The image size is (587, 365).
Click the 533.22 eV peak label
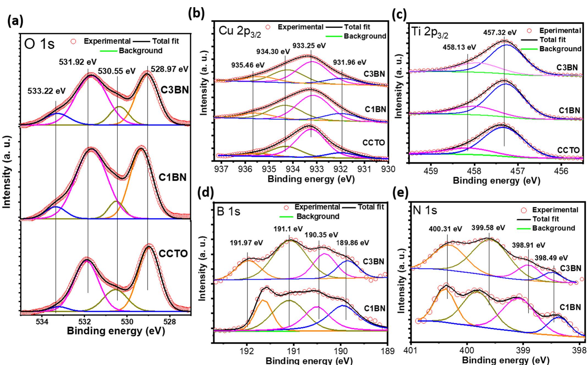coord(46,91)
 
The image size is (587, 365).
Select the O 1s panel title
coord(40,44)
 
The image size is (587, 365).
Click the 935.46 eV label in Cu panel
coord(248,65)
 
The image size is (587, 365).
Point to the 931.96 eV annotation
coord(350,62)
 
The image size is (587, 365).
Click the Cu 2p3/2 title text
coord(240,32)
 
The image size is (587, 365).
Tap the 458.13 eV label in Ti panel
coord(459,47)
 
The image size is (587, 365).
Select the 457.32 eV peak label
coord(500,32)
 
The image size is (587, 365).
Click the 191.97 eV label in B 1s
coord(246,243)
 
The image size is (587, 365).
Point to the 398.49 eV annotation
coord(551,258)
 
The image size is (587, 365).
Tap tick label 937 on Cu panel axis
coord(221,169)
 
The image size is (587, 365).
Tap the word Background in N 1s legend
coord(554,228)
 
